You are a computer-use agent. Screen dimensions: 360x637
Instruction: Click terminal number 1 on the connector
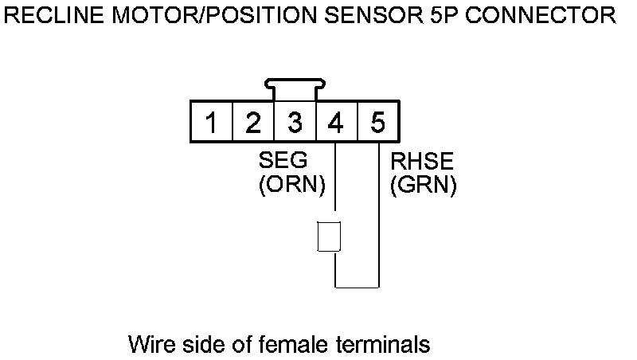[211, 123]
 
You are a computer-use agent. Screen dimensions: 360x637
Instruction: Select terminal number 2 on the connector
[253, 123]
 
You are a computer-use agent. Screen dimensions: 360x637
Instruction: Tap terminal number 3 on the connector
[295, 123]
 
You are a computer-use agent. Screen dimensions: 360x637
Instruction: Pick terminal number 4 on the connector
[336, 123]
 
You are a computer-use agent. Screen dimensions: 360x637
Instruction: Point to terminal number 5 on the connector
[377, 123]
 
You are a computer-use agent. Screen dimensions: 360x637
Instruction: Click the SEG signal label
[282, 162]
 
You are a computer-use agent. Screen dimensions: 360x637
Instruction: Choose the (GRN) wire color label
[423, 186]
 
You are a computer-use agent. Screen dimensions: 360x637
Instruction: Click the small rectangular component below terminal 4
[330, 237]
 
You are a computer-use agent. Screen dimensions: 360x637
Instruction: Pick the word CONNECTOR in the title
[539, 15]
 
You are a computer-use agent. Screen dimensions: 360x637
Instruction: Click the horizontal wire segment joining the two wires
[357, 287]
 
